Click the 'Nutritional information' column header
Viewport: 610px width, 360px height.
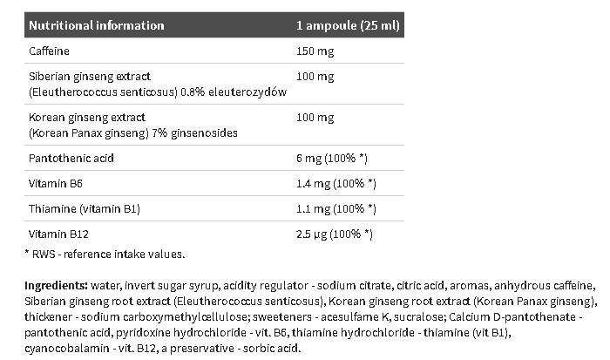pyautogui.click(x=97, y=25)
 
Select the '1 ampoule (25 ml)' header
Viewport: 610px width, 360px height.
pyautogui.click(x=349, y=25)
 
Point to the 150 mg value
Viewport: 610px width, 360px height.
pyautogui.click(x=316, y=51)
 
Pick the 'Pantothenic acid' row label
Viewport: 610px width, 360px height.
pyautogui.click(x=71, y=159)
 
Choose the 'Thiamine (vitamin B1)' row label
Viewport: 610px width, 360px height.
pyautogui.click(x=84, y=209)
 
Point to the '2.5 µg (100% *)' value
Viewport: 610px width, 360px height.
pyautogui.click(x=335, y=234)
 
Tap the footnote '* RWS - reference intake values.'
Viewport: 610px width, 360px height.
pyautogui.click(x=105, y=254)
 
